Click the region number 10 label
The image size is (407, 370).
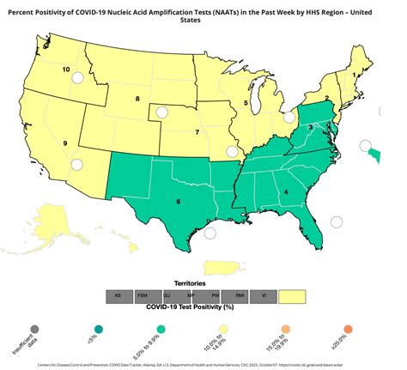pos(66,68)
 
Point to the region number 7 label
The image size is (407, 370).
pos(197,132)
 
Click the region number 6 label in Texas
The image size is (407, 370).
pos(178,202)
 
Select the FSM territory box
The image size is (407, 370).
pos(144,295)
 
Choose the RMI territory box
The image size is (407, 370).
pos(241,295)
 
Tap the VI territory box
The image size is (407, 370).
pos(266,295)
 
